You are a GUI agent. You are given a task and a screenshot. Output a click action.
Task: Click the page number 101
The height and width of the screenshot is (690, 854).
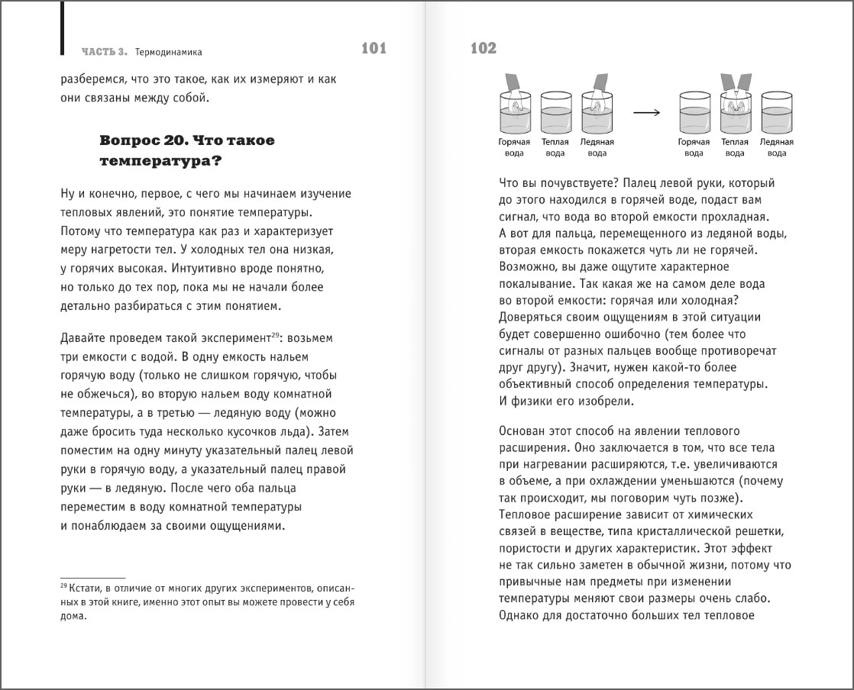click(x=374, y=50)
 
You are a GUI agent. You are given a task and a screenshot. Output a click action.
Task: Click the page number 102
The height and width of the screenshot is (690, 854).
click(x=484, y=50)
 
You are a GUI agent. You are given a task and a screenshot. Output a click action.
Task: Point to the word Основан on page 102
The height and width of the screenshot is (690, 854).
click(x=522, y=430)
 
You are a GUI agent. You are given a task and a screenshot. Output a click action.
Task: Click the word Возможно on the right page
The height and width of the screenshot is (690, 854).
click(x=527, y=267)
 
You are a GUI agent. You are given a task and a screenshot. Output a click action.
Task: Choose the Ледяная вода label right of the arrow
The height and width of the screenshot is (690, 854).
click(x=776, y=147)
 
